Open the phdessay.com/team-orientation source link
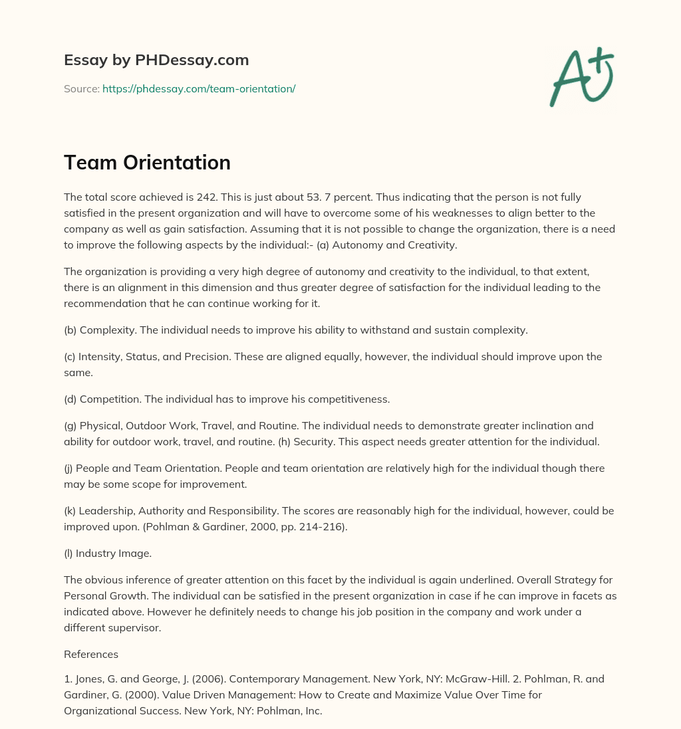tap(198, 88)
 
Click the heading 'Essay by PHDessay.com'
tap(156, 60)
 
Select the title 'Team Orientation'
tap(147, 162)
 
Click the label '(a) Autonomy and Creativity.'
tap(385, 245)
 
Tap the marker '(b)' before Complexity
tap(70, 330)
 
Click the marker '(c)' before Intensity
tap(70, 357)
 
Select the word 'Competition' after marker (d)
tap(106, 399)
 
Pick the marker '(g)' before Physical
tap(70, 425)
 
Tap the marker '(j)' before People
tap(70, 468)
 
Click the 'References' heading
tap(91, 654)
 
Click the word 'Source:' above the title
tap(81, 88)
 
